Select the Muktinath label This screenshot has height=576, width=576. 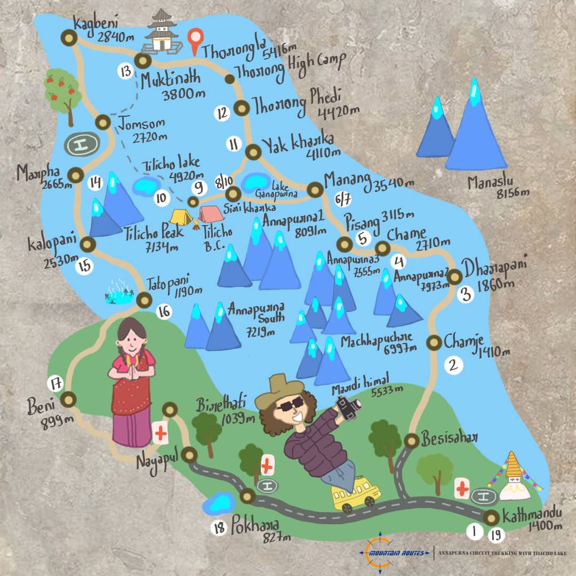point(171,79)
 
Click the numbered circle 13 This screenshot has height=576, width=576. point(126,71)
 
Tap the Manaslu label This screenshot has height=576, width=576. point(490,183)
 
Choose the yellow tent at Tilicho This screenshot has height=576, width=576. point(181,215)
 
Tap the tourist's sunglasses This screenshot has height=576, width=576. point(289,405)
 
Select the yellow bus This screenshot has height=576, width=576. point(355,494)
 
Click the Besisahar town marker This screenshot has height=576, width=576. point(411,441)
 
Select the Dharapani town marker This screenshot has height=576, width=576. point(454,276)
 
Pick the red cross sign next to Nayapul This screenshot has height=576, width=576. point(159,433)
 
